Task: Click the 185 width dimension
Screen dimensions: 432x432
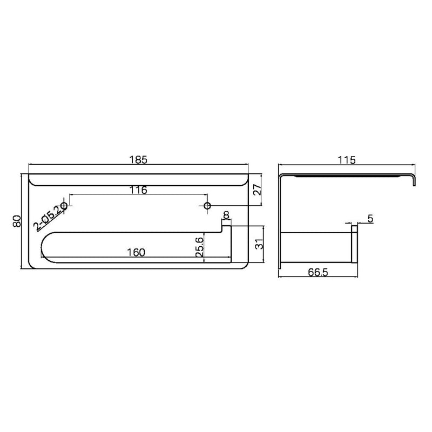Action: pyautogui.click(x=138, y=160)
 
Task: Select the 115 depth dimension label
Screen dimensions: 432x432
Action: pyautogui.click(x=347, y=160)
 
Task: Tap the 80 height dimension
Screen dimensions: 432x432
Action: pyautogui.click(x=17, y=221)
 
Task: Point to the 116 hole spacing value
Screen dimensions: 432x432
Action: pyautogui.click(x=138, y=190)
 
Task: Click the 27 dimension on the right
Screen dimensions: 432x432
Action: pyautogui.click(x=258, y=190)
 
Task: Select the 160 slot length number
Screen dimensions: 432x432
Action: pyautogui.click(x=136, y=252)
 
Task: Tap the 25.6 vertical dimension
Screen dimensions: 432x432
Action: pyautogui.click(x=199, y=247)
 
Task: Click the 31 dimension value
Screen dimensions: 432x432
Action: pyautogui.click(x=260, y=244)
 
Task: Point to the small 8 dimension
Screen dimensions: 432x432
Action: pyautogui.click(x=226, y=215)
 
